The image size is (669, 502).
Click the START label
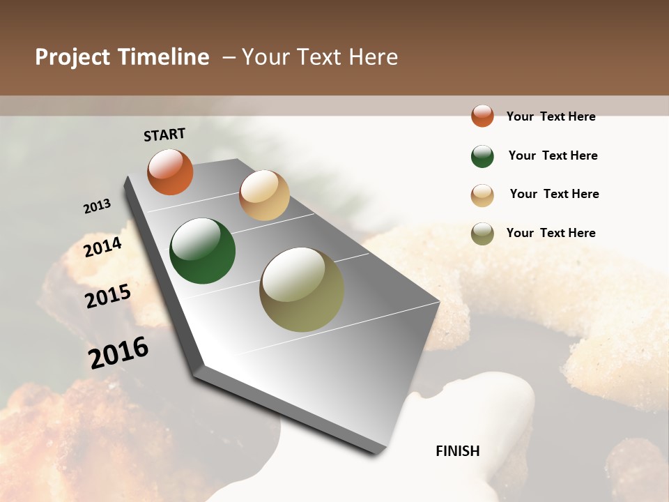[x=164, y=135]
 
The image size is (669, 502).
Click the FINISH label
[x=457, y=451]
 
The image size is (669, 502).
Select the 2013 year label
[x=98, y=206]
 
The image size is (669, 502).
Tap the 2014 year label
[x=103, y=247]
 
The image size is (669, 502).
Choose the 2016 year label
[x=118, y=352]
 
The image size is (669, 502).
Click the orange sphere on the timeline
[x=170, y=172]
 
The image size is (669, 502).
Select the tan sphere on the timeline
[x=264, y=195]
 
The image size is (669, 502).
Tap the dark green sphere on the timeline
[x=202, y=251]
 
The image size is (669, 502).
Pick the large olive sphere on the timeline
[x=301, y=289]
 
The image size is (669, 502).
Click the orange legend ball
[x=482, y=116]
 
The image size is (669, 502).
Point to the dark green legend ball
[x=482, y=156]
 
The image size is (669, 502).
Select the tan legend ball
[x=482, y=195]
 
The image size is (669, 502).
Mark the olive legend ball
[x=482, y=234]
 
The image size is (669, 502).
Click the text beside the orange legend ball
[x=551, y=116]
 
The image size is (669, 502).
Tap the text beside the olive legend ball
[x=551, y=233]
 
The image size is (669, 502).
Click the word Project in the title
[x=72, y=57]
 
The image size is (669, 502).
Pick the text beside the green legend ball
[x=553, y=155]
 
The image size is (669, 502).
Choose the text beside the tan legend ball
[x=554, y=194]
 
